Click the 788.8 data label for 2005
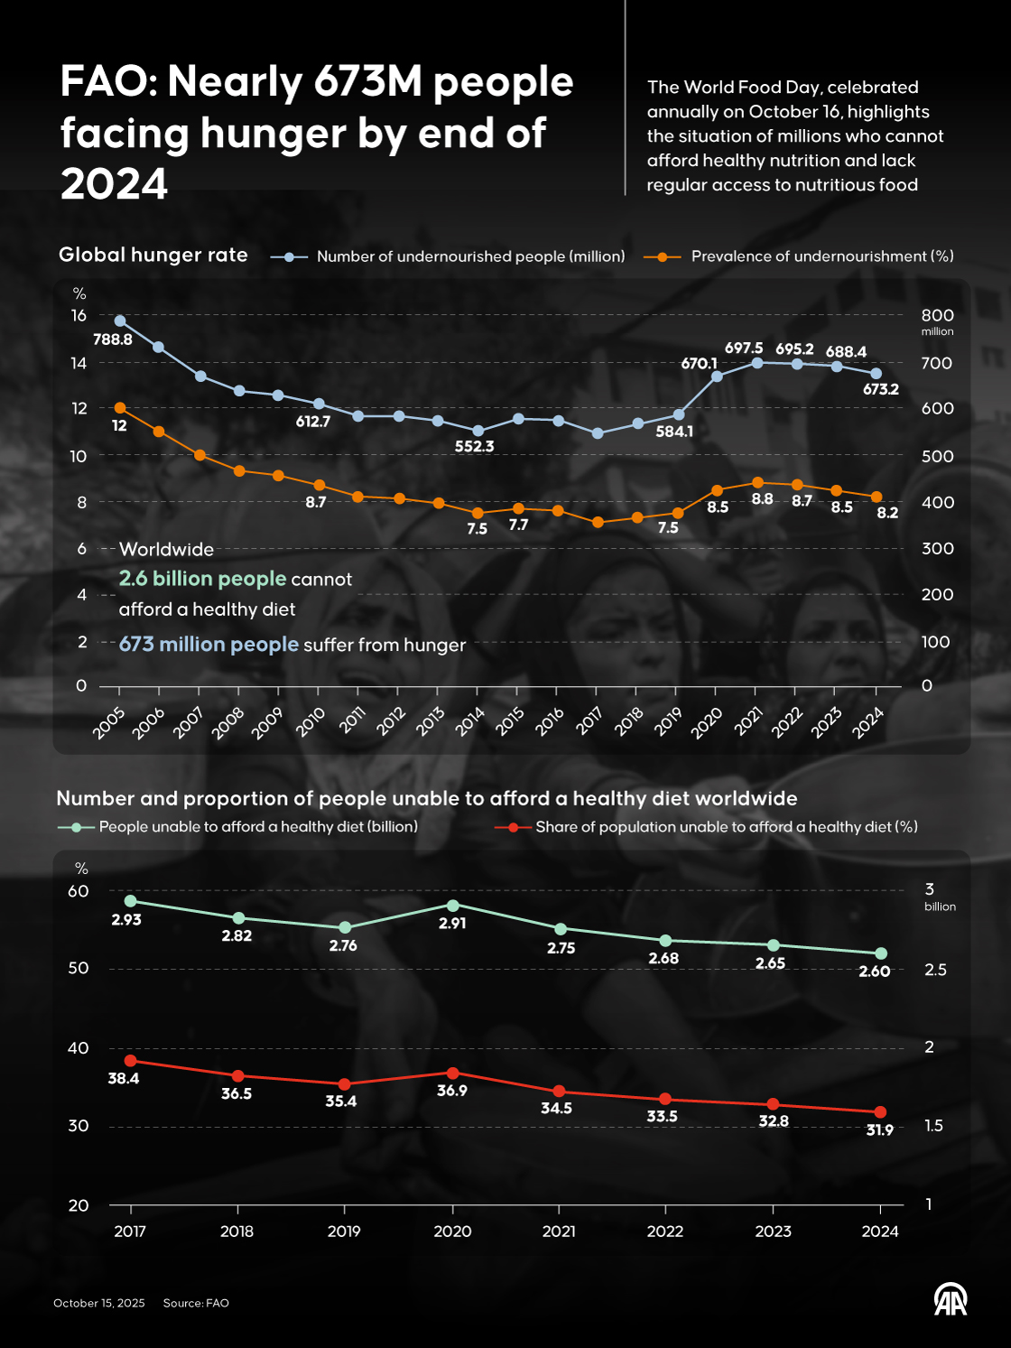113,339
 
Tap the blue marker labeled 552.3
478,431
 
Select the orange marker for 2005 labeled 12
120,408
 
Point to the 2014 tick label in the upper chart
470,721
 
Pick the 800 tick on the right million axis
937,315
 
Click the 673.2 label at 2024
880,389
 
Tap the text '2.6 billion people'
202,579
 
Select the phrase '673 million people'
209,645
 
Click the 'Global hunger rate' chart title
153,255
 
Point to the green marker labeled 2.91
453,906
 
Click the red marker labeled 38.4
130,1061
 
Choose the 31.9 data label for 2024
879,1130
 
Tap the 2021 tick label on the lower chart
559,1232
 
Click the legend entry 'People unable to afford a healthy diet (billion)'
257,827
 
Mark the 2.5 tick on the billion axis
936,970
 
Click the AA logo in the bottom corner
950,1299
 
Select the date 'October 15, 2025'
99,1303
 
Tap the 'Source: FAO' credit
196,1303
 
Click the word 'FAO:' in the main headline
108,82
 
